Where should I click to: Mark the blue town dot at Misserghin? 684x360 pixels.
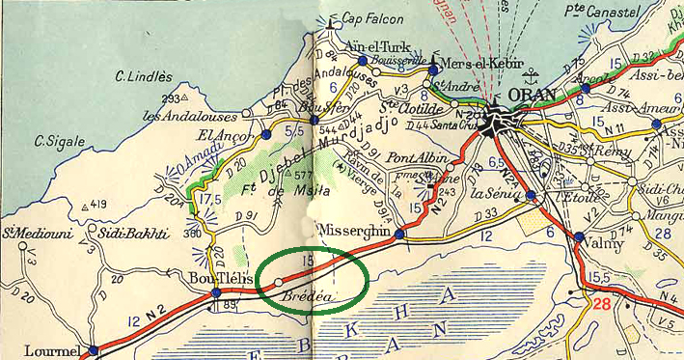[399, 234]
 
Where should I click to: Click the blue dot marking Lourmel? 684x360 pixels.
[93, 351]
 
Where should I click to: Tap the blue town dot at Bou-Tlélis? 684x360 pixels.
[216, 292]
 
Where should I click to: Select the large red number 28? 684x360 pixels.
[604, 305]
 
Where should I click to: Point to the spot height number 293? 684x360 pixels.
[172, 98]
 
